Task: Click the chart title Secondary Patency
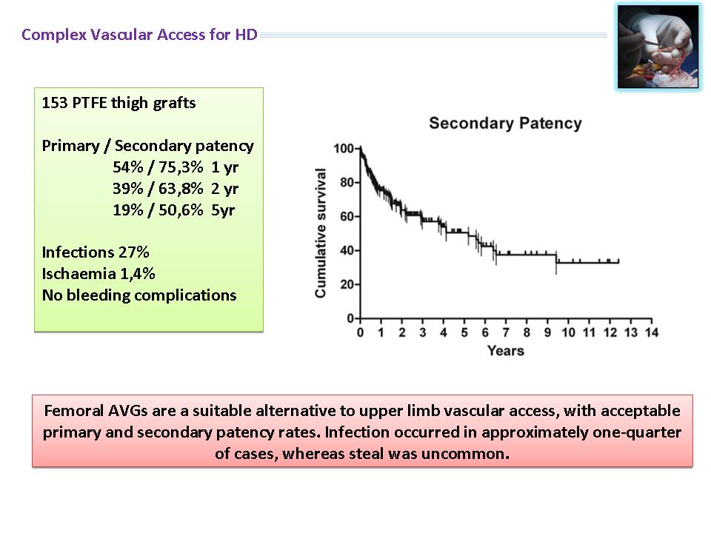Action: coord(505,124)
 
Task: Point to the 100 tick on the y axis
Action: coord(343,149)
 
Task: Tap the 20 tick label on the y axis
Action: coord(347,284)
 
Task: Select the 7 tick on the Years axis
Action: coord(506,332)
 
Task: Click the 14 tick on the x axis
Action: coord(652,332)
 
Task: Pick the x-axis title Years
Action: coord(506,351)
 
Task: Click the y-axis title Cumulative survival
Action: coord(321,233)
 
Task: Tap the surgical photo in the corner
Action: coord(658,46)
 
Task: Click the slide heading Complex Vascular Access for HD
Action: coord(140,35)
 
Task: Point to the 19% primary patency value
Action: coord(128,209)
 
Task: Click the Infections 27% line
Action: coord(96,252)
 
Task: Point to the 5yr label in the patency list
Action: coord(223,210)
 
